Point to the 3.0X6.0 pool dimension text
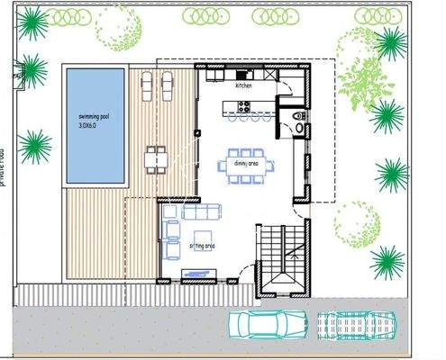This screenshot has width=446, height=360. pos(91,126)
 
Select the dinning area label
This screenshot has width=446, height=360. pos(241,165)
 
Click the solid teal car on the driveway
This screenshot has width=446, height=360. pos(269,322)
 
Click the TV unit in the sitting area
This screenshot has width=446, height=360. pos(199,272)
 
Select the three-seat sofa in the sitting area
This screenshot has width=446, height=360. pos(201,212)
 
